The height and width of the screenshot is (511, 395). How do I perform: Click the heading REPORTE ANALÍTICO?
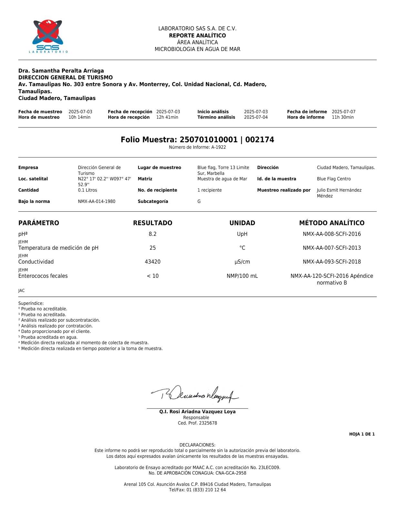tap(197, 35)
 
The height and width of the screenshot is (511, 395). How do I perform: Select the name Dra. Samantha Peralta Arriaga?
tap(61, 71)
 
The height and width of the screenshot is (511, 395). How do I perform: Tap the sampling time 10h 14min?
tap(79, 117)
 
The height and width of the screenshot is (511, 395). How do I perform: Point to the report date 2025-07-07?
tap(343, 112)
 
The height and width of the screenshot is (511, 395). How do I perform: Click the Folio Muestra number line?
tap(197, 140)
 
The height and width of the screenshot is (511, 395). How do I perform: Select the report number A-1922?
tap(218, 147)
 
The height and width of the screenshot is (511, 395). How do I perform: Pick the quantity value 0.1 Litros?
tap(87, 190)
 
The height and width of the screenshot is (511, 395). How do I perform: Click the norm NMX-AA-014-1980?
tap(96, 202)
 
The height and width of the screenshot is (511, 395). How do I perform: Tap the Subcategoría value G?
tap(199, 202)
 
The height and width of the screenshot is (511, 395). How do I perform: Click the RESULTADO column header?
tap(153, 223)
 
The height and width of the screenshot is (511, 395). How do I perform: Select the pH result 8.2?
tap(153, 234)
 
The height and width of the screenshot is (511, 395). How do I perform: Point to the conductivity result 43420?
tap(153, 262)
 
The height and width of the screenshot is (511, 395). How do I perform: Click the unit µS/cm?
tap(242, 262)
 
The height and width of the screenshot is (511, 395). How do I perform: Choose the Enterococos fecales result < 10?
tap(153, 276)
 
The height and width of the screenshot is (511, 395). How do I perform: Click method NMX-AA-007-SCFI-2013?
tap(332, 248)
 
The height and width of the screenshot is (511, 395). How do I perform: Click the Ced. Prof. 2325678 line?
tap(197, 423)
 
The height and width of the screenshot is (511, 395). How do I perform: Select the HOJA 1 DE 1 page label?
tap(362, 435)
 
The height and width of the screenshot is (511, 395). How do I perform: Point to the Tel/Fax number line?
tap(197, 490)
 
